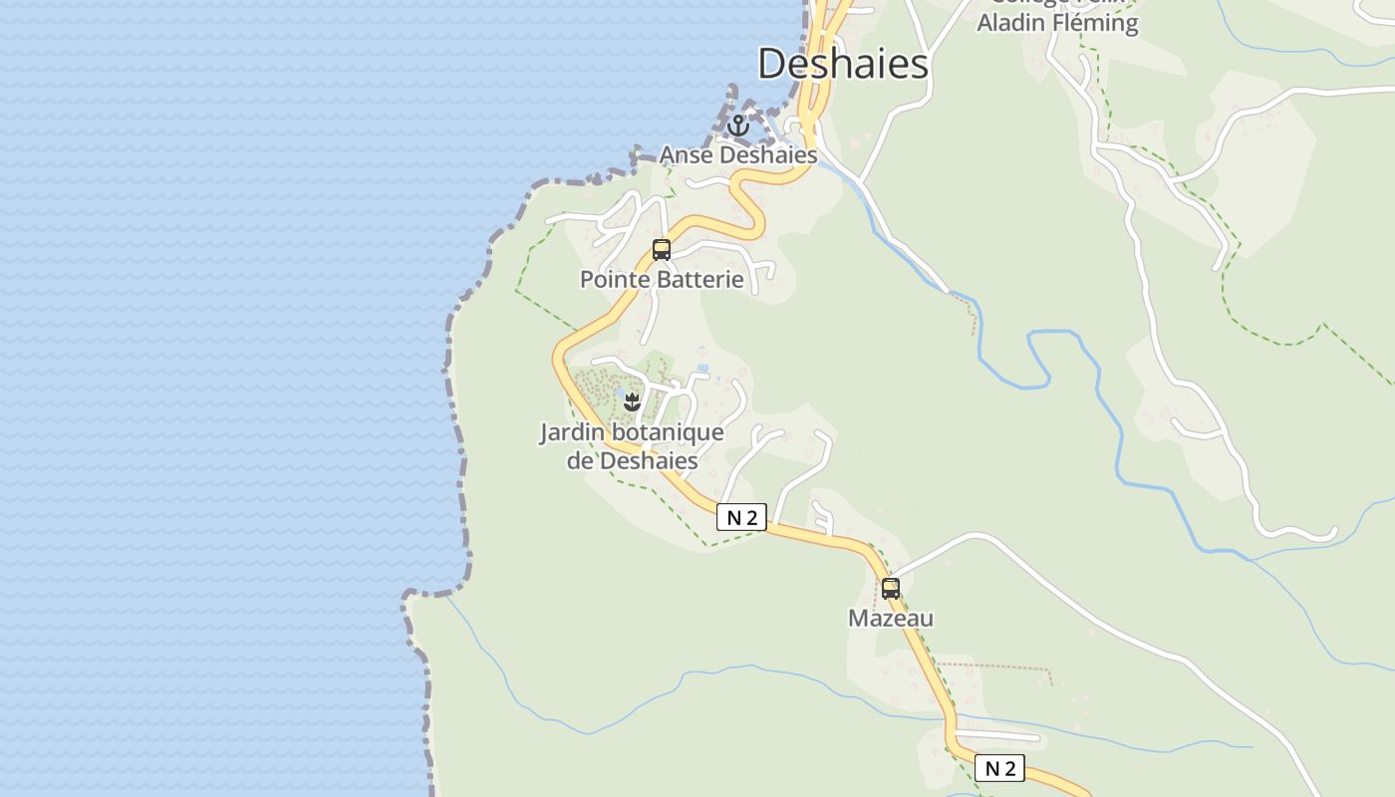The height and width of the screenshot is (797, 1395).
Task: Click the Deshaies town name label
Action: [843, 64]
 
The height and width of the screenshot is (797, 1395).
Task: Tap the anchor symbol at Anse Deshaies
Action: [737, 127]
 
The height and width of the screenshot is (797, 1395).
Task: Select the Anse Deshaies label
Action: [738, 155]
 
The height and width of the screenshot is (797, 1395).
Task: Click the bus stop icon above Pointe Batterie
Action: [662, 250]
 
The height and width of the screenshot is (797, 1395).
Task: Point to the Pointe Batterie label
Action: [662, 279]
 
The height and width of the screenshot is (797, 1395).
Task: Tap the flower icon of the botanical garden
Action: [631, 402]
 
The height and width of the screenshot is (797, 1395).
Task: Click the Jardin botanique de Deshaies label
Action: [632, 446]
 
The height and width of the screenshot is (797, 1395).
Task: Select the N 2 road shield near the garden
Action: [741, 517]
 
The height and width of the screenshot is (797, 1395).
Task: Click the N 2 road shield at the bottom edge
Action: [999, 768]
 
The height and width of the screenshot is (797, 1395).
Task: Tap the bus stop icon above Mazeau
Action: [891, 589]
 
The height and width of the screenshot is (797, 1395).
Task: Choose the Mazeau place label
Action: [891, 619]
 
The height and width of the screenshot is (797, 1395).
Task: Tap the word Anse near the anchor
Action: [686, 155]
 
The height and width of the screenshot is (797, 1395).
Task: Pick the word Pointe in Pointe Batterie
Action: [612, 279]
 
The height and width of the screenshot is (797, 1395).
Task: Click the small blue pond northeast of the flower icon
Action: [702, 369]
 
